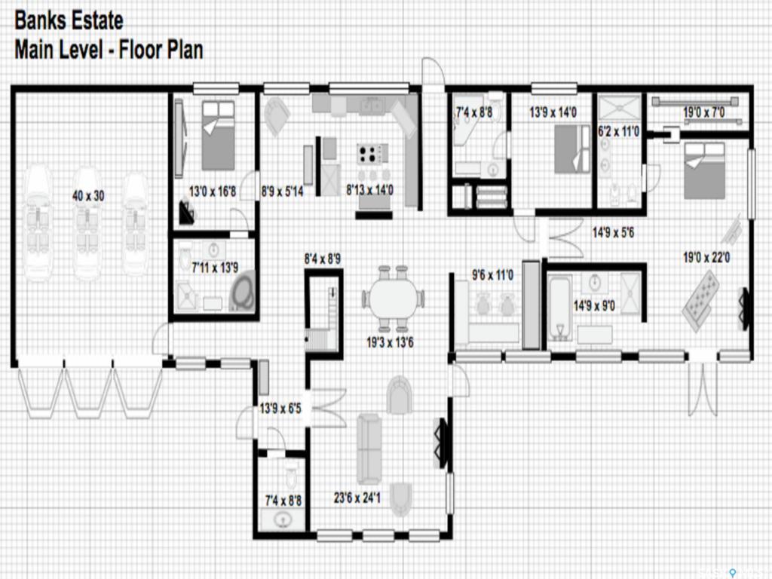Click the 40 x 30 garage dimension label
pyautogui.click(x=88, y=196)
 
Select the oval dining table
pyautogui.click(x=393, y=299)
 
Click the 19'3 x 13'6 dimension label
pyautogui.click(x=390, y=342)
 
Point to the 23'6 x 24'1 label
pyautogui.click(x=357, y=498)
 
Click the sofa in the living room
pyautogui.click(x=369, y=449)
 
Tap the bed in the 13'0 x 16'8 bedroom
pyautogui.click(x=218, y=136)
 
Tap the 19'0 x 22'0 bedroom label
pyautogui.click(x=706, y=257)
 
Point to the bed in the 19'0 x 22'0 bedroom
pyautogui.click(x=704, y=170)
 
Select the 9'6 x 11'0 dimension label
pyautogui.click(x=492, y=274)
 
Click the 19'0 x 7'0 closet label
pyautogui.click(x=704, y=112)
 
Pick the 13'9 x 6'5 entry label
pyautogui.click(x=280, y=408)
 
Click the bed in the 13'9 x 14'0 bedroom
pyautogui.click(x=572, y=149)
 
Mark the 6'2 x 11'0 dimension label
pyautogui.click(x=618, y=131)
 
